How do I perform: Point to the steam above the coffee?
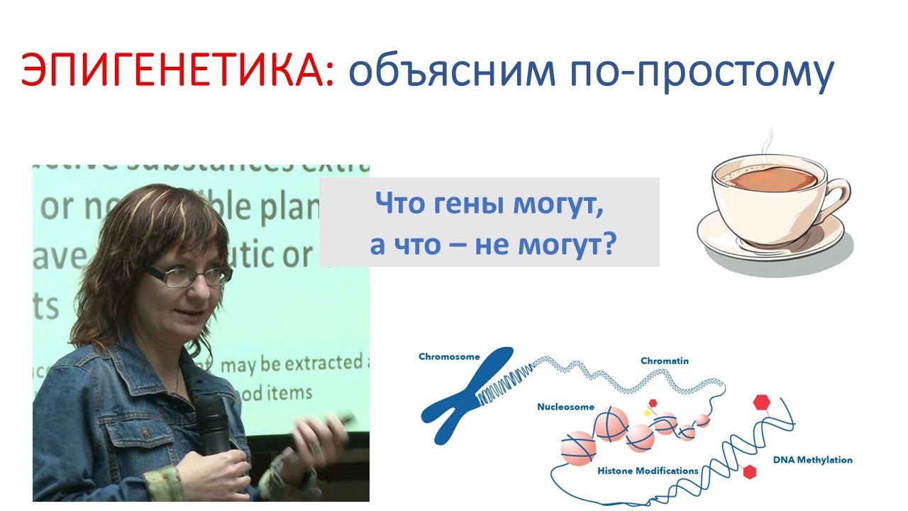pyautogui.click(x=763, y=142)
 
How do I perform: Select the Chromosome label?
pyautogui.click(x=449, y=356)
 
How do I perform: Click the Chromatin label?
pyautogui.click(x=664, y=361)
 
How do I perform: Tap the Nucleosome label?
pyautogui.click(x=565, y=407)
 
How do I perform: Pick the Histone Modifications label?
pyautogui.click(x=648, y=471)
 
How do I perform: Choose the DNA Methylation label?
pyautogui.click(x=813, y=460)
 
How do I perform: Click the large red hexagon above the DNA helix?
pyautogui.click(x=762, y=402)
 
